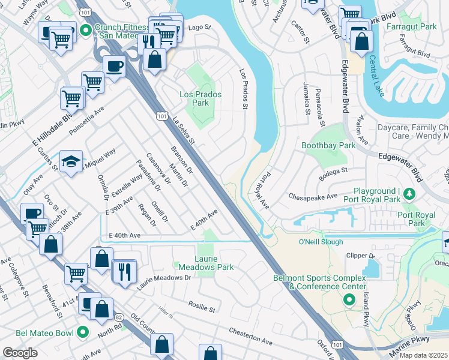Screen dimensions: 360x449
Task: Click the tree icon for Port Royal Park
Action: [409, 194]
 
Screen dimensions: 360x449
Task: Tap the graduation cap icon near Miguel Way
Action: [71, 162]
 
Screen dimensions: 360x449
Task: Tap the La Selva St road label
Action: [184, 131]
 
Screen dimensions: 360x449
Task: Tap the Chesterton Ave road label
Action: [250, 336]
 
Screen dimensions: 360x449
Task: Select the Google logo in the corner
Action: [20, 353]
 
